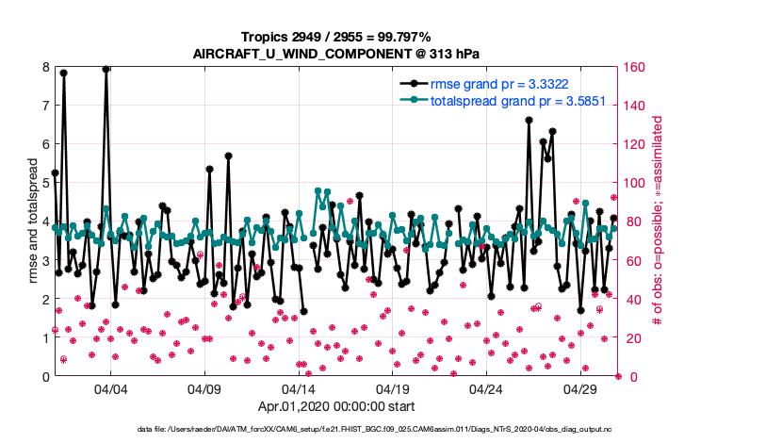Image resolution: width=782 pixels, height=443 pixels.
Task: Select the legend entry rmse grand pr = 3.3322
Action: [498, 83]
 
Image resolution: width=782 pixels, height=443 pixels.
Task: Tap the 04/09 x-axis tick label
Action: [204, 388]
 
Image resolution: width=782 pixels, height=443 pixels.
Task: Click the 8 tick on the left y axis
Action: [45, 68]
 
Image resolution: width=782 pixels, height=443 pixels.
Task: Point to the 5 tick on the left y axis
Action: [45, 183]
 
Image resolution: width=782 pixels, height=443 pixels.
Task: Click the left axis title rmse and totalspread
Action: [32, 222]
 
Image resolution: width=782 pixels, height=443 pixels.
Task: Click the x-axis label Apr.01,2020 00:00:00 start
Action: [335, 407]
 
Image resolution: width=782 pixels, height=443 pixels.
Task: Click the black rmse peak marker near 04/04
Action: [106, 69]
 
